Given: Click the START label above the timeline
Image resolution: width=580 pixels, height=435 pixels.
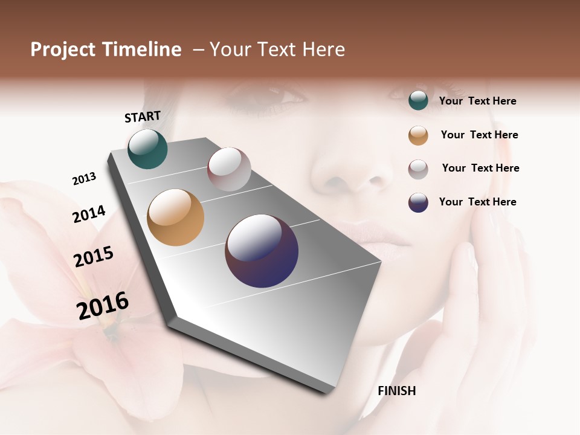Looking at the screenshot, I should coord(143,117).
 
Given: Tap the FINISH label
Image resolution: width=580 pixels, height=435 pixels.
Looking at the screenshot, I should coord(396,391).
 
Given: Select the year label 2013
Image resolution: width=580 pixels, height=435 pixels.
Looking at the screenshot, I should coord(84,179).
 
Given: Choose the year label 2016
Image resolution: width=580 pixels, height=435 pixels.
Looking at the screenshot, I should coord(103,306).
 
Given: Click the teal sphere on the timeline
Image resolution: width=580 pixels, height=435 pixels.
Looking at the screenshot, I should coord(147,149).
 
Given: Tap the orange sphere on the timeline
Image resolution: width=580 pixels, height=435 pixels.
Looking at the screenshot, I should coord(175,217).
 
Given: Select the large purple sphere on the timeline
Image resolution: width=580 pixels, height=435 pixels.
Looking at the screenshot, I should coord(262,251).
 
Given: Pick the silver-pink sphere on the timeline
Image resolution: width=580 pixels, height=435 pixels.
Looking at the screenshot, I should coord(229,169).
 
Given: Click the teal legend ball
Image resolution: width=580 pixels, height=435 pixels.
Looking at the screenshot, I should coord(418,101).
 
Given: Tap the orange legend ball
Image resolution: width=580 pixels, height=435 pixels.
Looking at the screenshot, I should coord(418,135).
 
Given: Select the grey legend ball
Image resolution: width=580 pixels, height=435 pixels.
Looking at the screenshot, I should coord(418,169).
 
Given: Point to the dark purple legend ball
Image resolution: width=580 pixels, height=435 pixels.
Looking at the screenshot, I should coord(418,202).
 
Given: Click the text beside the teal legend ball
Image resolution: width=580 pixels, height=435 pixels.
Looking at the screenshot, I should coord(477,101).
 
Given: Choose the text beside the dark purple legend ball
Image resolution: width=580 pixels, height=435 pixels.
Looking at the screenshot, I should coord(477,202).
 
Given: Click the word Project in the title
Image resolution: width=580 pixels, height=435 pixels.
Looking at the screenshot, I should coord(63,50).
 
